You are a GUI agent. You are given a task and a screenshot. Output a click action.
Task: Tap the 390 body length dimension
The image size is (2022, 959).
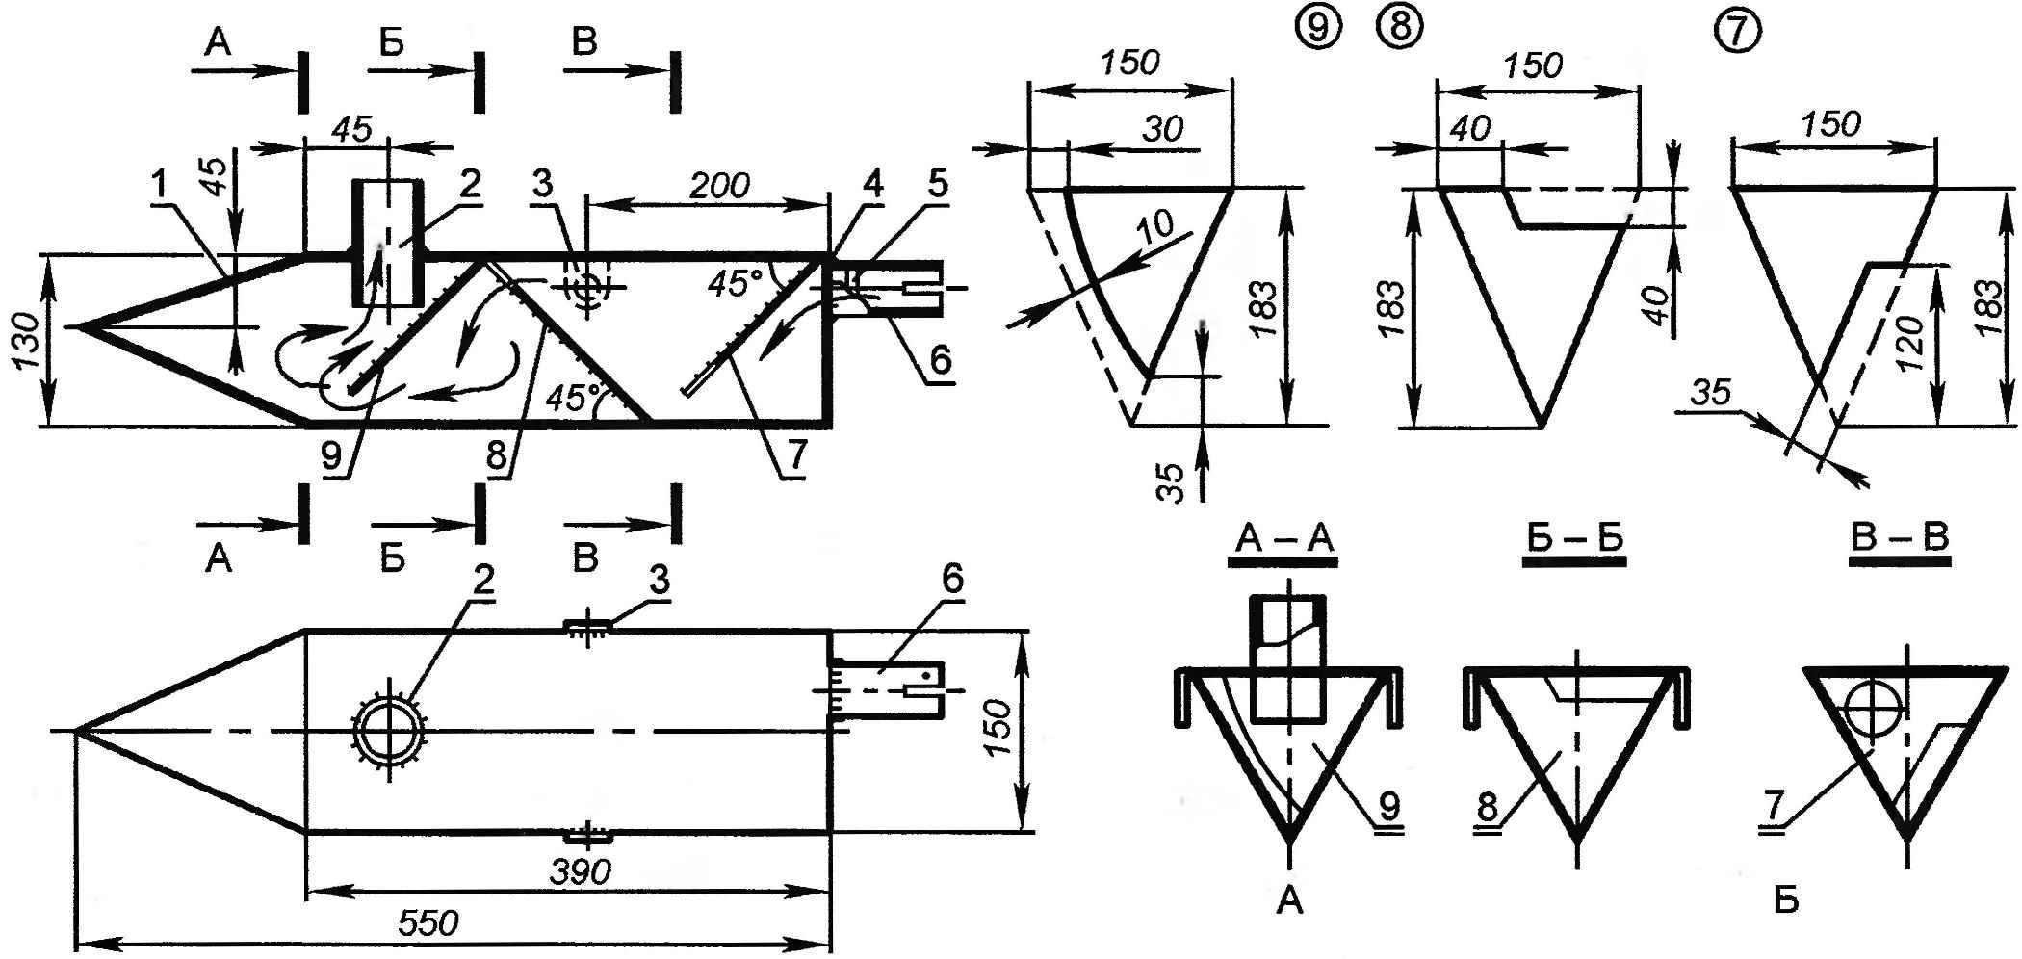(581, 872)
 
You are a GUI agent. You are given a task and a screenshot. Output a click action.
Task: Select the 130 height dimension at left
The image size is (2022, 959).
(26, 340)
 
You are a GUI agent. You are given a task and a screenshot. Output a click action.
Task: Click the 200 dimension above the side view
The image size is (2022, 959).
(721, 185)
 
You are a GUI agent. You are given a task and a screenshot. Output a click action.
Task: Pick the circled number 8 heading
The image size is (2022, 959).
(1400, 28)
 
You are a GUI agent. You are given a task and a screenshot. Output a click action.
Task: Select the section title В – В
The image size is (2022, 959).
(1901, 538)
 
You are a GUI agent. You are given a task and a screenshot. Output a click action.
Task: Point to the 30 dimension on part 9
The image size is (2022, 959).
(1162, 129)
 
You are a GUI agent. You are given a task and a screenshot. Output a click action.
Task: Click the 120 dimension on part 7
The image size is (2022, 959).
(1912, 343)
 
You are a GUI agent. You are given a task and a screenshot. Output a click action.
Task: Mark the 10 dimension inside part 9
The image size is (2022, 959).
(1156, 226)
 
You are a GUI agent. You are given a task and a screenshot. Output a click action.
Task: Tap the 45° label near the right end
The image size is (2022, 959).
(735, 283)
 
